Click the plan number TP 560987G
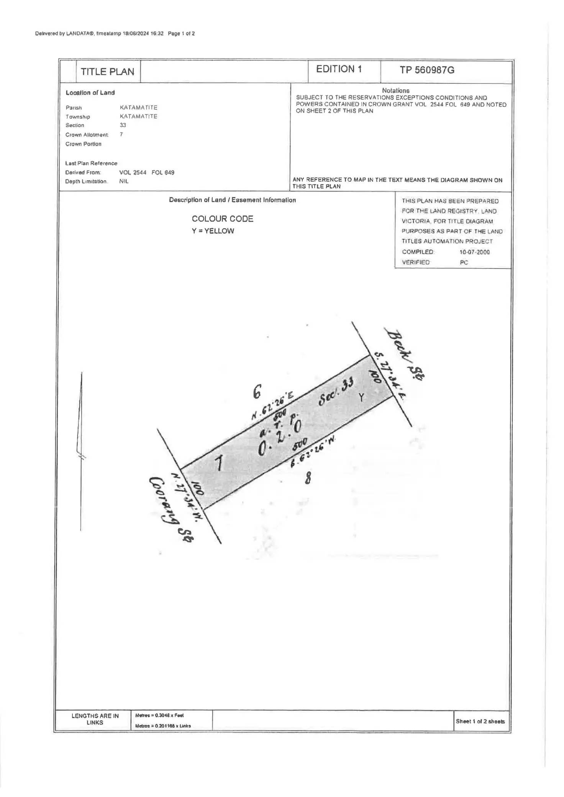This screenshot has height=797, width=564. pyautogui.click(x=427, y=70)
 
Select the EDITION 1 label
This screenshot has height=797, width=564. pyautogui.click(x=339, y=69)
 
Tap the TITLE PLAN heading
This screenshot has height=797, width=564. pyautogui.click(x=107, y=72)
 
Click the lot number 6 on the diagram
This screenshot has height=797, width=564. pyautogui.click(x=257, y=392)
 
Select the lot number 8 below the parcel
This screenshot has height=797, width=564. pyautogui.click(x=308, y=478)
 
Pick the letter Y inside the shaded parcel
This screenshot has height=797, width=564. pyautogui.click(x=361, y=398)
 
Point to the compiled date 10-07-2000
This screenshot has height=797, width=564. pyautogui.click(x=474, y=252)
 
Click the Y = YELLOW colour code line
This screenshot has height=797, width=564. pyautogui.click(x=213, y=231)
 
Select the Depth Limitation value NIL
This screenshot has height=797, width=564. pyautogui.click(x=124, y=181)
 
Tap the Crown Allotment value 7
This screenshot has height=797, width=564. pyautogui.click(x=121, y=134)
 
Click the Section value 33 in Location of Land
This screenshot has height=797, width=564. pyautogui.click(x=123, y=125)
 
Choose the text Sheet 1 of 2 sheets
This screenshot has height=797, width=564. pyautogui.click(x=480, y=722)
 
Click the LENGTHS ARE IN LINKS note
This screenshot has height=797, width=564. pyautogui.click(x=95, y=719)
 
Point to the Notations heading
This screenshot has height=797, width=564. pyautogui.click(x=395, y=91)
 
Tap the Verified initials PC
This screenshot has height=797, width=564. pyautogui.click(x=464, y=263)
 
